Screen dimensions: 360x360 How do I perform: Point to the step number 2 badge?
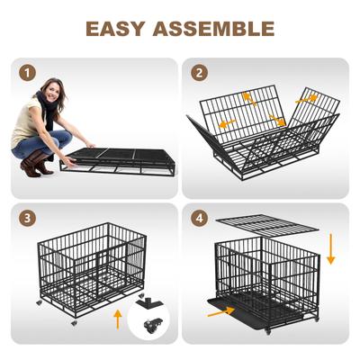point(199,73)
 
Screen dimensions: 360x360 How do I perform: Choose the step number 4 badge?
point(199,217)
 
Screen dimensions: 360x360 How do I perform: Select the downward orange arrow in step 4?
point(330,247)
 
